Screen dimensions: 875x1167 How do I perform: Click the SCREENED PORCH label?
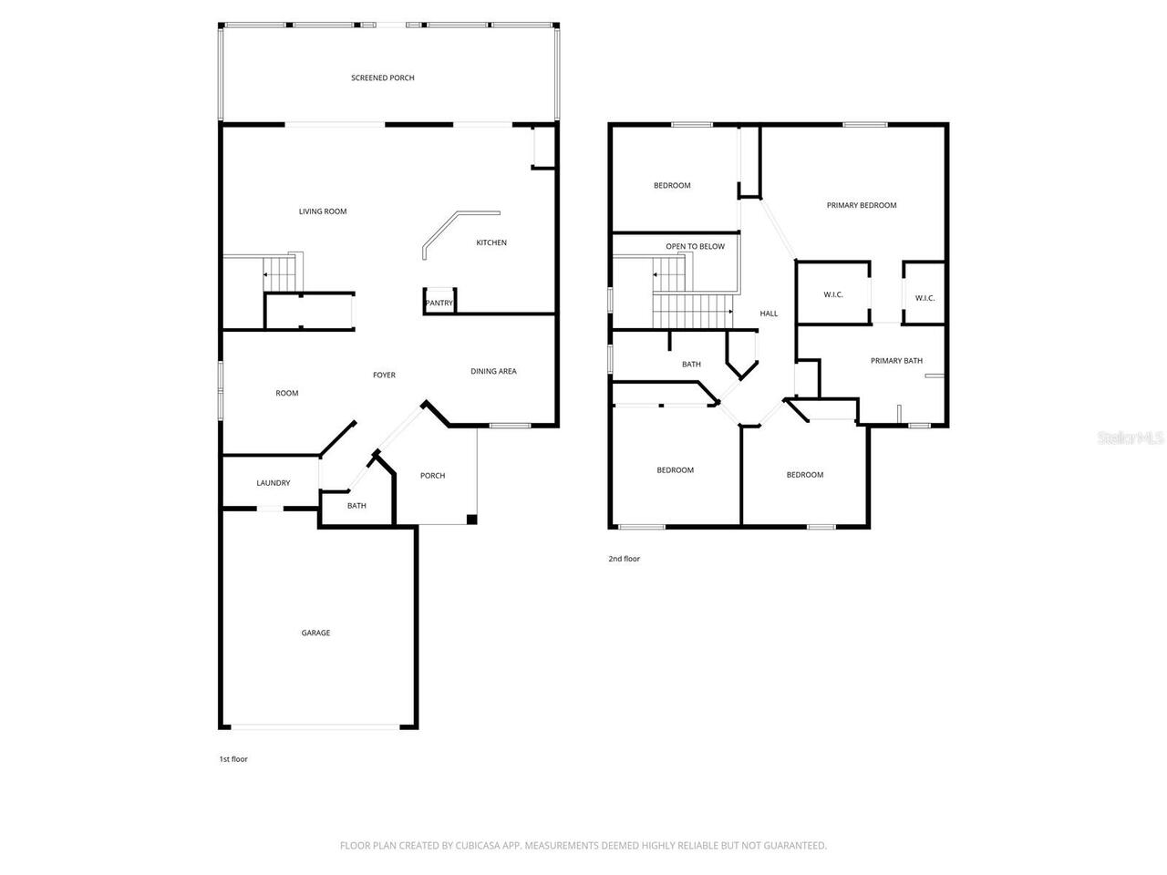click(383, 78)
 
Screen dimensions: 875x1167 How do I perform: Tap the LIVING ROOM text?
click(323, 211)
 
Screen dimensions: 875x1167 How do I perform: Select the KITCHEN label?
click(491, 242)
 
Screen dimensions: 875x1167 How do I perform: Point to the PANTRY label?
click(439, 304)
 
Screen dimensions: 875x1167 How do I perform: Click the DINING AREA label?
click(493, 371)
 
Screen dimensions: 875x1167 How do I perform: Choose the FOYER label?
click(384, 375)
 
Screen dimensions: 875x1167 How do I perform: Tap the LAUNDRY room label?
click(274, 483)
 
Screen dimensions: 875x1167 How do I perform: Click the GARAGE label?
click(316, 633)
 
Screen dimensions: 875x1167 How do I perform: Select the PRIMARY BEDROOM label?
click(862, 205)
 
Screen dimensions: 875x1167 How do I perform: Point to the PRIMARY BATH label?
click(896, 361)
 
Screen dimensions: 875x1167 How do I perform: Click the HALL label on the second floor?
click(769, 314)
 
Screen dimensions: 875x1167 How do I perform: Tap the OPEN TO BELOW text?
click(695, 246)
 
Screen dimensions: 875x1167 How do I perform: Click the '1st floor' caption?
click(233, 759)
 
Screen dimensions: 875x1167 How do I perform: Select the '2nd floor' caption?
click(625, 559)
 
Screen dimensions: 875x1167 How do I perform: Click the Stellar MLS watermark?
click(1131, 438)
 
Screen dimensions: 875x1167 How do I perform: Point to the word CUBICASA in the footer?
click(480, 846)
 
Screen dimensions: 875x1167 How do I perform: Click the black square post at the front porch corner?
click(471, 520)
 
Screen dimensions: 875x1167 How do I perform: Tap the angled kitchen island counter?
click(456, 230)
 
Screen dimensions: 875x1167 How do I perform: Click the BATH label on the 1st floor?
click(356, 506)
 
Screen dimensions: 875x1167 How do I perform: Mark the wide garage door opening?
click(315, 726)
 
